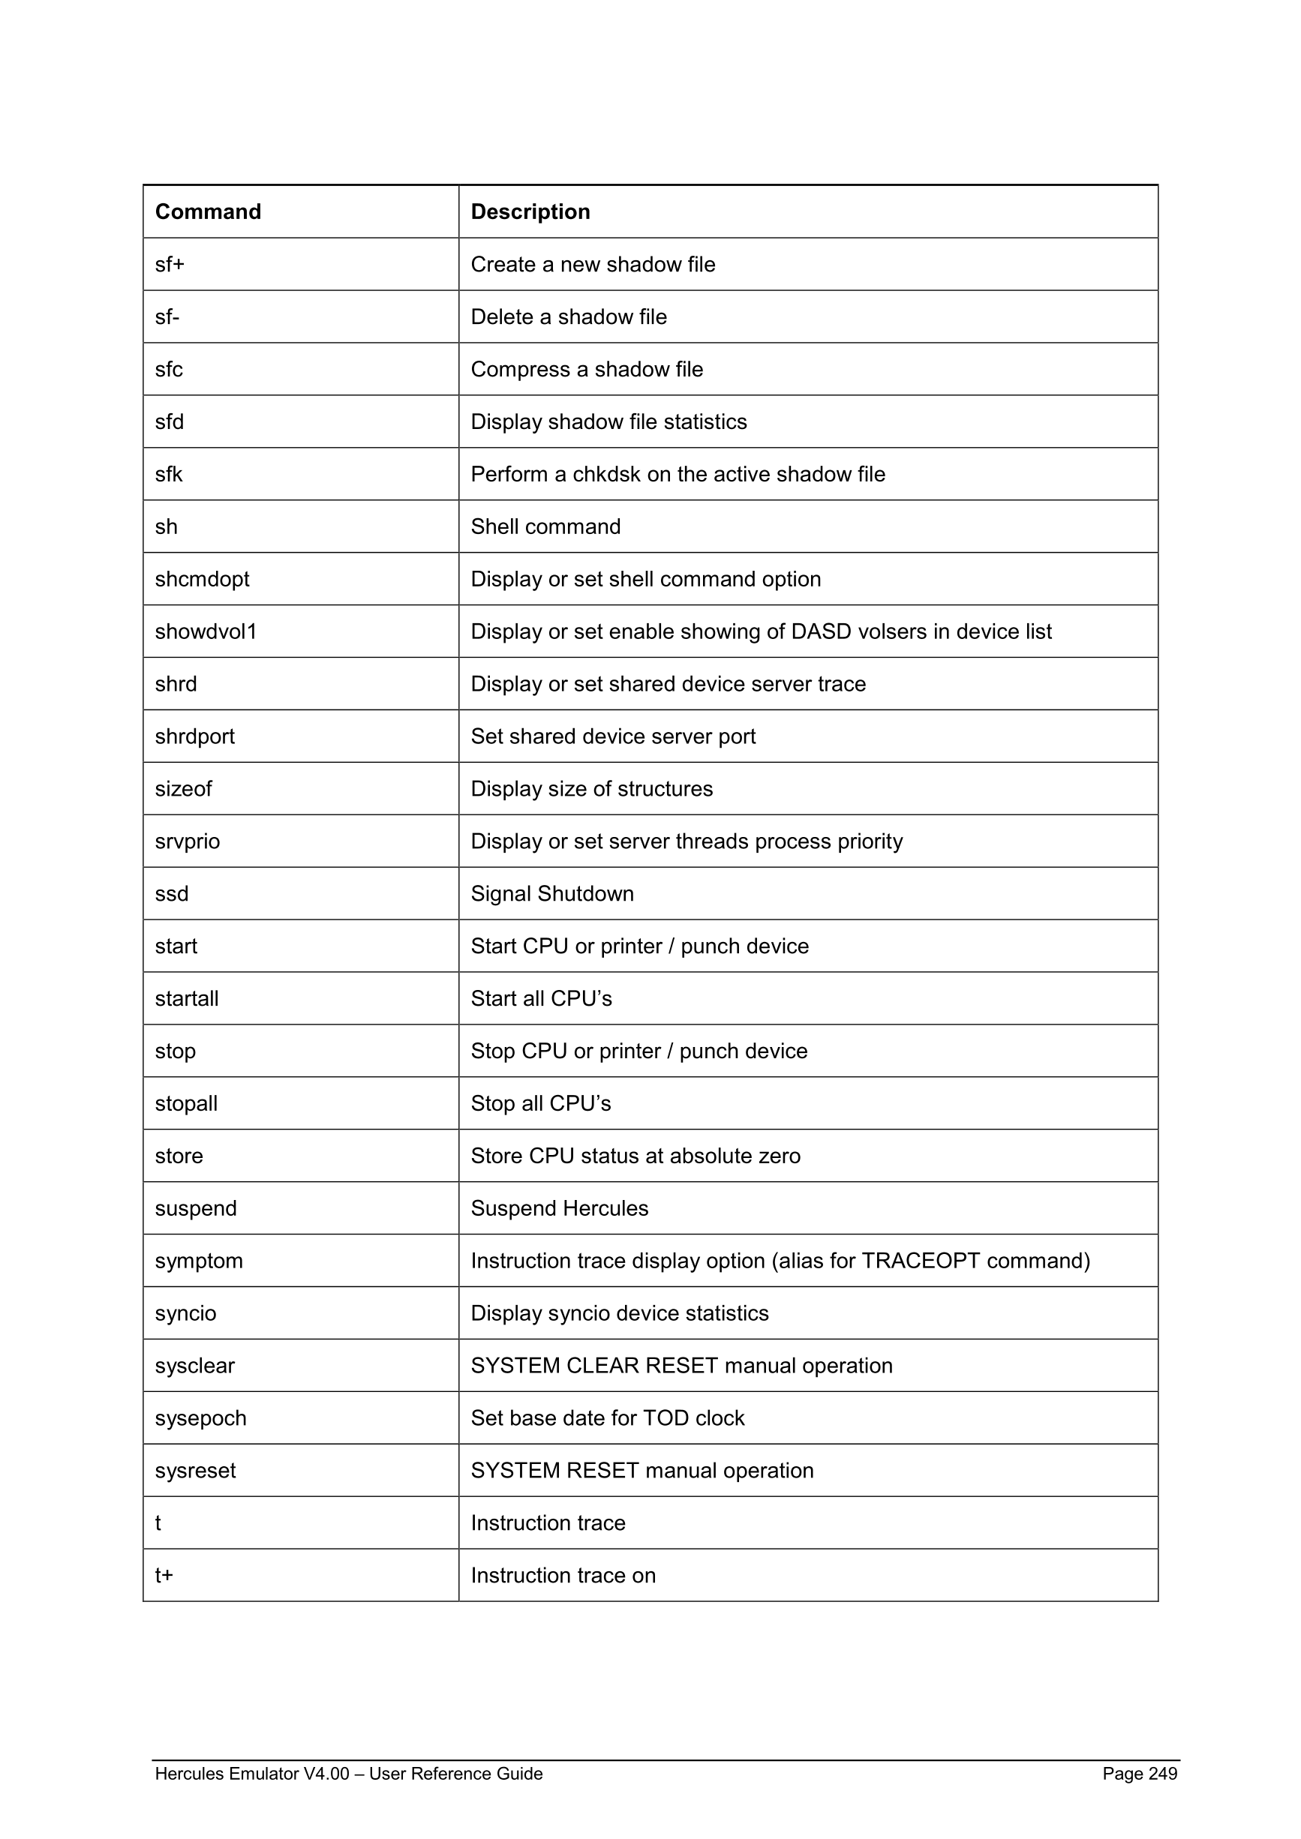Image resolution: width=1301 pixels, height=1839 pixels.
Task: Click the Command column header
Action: [208, 211]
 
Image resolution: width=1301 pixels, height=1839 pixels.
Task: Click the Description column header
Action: [530, 211]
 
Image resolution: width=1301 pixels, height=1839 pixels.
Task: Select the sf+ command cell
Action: [170, 264]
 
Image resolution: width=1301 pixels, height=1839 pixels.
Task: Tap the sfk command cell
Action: [169, 474]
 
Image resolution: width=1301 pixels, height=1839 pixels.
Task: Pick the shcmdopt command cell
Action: [202, 579]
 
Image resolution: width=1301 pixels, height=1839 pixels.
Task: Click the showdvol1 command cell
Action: [206, 631]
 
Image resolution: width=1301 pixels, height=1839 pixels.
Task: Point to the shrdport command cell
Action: [194, 736]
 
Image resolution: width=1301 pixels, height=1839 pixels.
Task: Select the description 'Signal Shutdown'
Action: [552, 893]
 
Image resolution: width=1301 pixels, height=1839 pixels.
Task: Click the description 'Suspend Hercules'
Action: [559, 1207]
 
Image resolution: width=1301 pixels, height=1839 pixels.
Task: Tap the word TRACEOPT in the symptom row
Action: [921, 1261]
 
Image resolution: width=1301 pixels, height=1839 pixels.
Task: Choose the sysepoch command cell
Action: [200, 1417]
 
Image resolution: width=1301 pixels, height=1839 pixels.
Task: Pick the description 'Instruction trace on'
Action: [563, 1575]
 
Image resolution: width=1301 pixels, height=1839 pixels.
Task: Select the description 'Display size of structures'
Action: [591, 789]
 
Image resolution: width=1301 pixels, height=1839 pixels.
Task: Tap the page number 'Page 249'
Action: [1139, 1773]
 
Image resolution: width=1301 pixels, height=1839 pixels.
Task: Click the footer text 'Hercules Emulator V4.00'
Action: [251, 1773]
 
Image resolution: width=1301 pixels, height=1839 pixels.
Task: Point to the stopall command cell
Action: [186, 1103]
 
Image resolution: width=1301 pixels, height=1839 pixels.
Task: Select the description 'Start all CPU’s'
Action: [541, 999]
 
